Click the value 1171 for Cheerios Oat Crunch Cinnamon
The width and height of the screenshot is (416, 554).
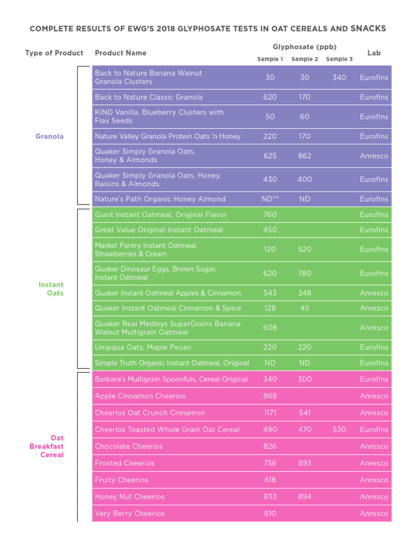tap(270, 413)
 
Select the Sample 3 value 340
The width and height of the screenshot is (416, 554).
tap(339, 77)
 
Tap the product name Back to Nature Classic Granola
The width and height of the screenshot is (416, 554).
tap(148, 97)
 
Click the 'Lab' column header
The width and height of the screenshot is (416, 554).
tap(374, 53)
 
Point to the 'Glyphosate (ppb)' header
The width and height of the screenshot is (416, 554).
tap(304, 47)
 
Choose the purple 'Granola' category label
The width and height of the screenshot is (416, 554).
tap(49, 136)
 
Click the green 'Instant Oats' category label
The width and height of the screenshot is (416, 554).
tap(51, 289)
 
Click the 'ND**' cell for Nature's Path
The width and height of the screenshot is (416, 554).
tap(270, 199)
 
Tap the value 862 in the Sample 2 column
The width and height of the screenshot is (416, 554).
tap(304, 156)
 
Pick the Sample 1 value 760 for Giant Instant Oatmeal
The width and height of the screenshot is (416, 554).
tap(270, 215)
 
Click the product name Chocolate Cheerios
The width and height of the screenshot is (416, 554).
tap(128, 446)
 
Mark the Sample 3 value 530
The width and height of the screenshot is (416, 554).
tap(339, 430)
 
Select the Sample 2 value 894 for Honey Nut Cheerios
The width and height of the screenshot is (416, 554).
tap(304, 497)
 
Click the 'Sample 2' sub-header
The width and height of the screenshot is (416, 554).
tap(304, 60)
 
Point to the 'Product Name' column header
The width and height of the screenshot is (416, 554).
tap(120, 53)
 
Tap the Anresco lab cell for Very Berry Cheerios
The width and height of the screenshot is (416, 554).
tap(374, 513)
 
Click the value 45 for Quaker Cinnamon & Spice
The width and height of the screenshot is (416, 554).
tap(304, 308)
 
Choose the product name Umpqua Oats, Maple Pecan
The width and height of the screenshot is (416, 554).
tap(142, 347)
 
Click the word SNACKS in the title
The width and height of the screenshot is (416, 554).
tap(368, 28)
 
